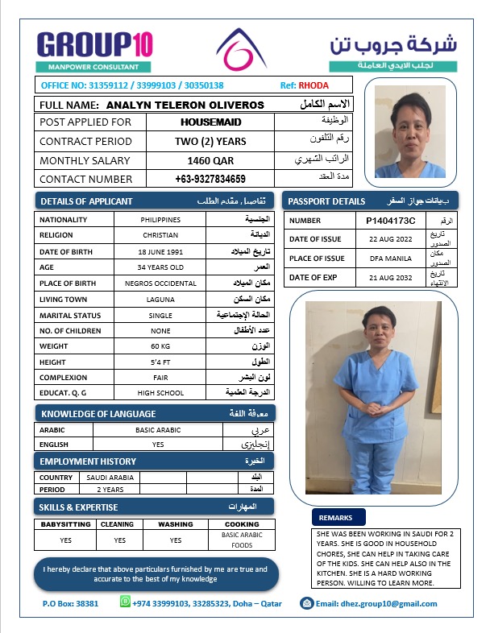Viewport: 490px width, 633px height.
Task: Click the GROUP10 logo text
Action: pos(94,43)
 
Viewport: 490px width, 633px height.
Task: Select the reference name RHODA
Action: pos(314,85)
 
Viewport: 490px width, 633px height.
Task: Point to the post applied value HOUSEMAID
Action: pos(210,122)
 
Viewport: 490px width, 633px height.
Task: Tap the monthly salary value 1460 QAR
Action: pos(210,160)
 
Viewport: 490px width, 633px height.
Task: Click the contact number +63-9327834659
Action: pos(210,179)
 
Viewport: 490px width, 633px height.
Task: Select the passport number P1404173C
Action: pos(390,220)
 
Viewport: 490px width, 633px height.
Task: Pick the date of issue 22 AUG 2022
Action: pos(390,239)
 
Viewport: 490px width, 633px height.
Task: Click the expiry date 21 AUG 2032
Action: pos(390,277)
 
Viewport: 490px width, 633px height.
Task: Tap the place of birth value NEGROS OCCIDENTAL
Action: pos(160,283)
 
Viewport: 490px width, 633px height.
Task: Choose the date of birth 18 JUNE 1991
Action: pos(160,251)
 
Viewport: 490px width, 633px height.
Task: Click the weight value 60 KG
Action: pos(160,345)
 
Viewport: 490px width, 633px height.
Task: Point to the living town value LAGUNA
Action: pos(160,299)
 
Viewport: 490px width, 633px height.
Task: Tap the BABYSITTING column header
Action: pos(66,523)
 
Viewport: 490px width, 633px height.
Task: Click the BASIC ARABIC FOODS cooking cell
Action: pos(242,540)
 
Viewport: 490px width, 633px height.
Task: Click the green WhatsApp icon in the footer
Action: pos(125,602)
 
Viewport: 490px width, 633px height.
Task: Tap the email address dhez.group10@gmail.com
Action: pos(376,603)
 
